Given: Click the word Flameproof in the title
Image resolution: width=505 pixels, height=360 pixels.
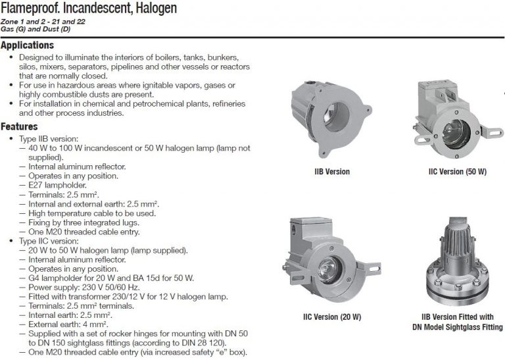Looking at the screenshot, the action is point(30,8).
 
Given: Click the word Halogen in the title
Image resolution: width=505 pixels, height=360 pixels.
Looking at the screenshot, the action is point(156,8).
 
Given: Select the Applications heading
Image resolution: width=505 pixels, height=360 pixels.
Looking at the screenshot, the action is point(27,45).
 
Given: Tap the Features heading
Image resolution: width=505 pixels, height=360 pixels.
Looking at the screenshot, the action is point(19,126).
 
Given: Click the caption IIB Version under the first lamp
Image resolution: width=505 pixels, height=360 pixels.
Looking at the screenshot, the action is point(332,172).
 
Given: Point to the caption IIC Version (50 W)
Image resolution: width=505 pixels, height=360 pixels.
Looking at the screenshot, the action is point(458,172).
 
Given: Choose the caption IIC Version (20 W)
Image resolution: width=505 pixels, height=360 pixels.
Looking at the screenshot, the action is point(332,317).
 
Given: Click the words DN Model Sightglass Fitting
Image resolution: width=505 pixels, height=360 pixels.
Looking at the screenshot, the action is point(458,327).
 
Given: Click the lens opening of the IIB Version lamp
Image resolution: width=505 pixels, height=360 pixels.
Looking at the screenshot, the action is point(337,116).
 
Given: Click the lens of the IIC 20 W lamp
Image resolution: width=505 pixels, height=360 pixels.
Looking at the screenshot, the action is point(329,269).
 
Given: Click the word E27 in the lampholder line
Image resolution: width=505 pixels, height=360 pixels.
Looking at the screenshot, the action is point(35,185).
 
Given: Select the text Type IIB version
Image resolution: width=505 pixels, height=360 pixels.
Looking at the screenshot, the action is point(48,139).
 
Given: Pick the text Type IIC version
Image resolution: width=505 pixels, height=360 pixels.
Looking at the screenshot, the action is point(49,241).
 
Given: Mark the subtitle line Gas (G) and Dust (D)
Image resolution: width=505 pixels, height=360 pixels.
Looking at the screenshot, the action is point(36,29).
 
